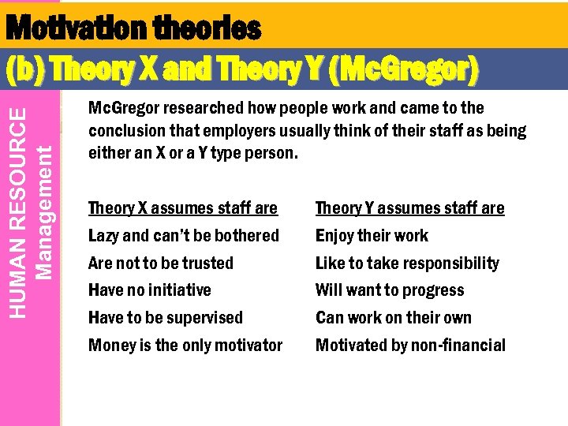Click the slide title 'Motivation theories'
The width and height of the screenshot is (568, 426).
(133, 29)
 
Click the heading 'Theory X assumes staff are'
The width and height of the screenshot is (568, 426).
(183, 208)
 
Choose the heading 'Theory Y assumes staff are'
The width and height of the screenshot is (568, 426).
(409, 208)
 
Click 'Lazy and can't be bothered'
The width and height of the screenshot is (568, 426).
(184, 236)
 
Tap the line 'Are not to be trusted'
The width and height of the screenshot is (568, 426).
(161, 263)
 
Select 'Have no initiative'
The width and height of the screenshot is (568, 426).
(150, 290)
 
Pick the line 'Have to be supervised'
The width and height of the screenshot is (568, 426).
(166, 318)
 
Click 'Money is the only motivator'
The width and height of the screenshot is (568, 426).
(185, 346)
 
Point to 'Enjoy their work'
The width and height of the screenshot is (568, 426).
(372, 236)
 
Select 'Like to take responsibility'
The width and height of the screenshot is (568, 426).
(407, 263)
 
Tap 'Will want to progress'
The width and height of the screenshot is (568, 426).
(390, 290)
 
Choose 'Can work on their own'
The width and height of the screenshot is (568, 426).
(394, 318)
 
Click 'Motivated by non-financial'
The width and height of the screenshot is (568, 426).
(410, 346)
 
